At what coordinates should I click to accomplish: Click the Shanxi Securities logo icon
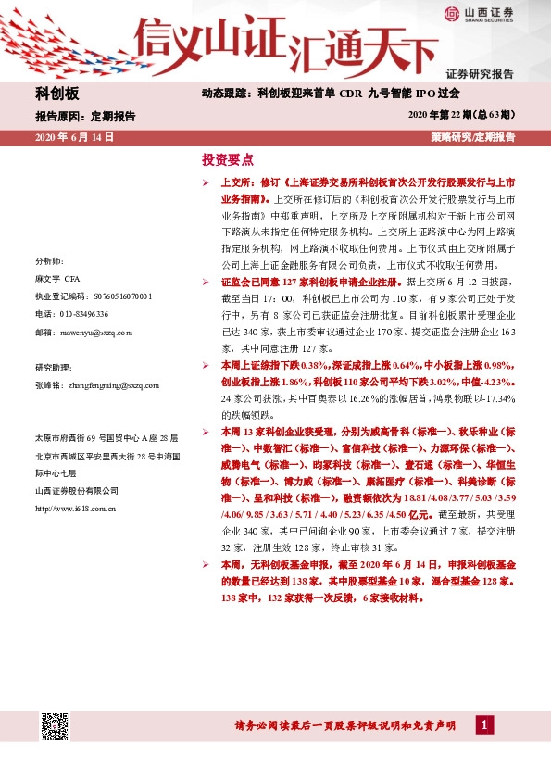[x=452, y=13]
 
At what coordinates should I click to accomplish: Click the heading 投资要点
[x=227, y=158]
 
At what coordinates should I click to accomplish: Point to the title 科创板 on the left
[x=57, y=94]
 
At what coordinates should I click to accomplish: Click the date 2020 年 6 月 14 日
[x=74, y=136]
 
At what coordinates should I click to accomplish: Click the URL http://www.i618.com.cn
[x=74, y=508]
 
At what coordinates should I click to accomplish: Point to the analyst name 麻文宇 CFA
[x=58, y=279]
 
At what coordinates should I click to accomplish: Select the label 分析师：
[x=48, y=261]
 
